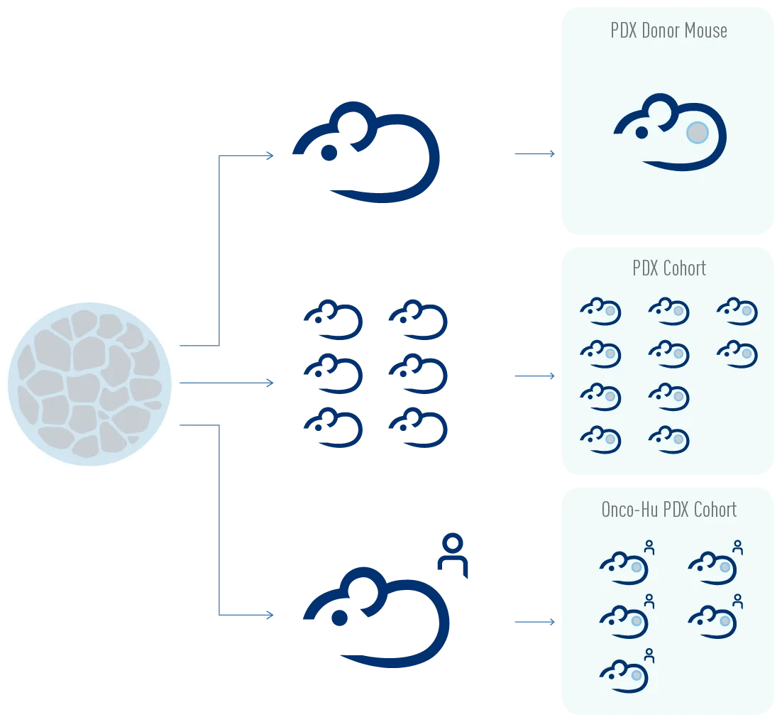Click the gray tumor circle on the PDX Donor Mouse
click(697, 132)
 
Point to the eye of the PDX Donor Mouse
click(641, 133)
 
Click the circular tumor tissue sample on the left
click(89, 384)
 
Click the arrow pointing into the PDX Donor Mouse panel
click(536, 153)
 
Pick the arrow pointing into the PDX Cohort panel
click(536, 376)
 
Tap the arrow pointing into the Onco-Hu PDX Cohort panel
click(536, 623)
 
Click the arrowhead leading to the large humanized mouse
click(269, 615)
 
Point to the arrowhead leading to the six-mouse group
click(269, 383)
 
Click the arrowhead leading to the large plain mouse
click(269, 156)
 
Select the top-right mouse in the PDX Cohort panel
click(737, 312)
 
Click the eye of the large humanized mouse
click(340, 618)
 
